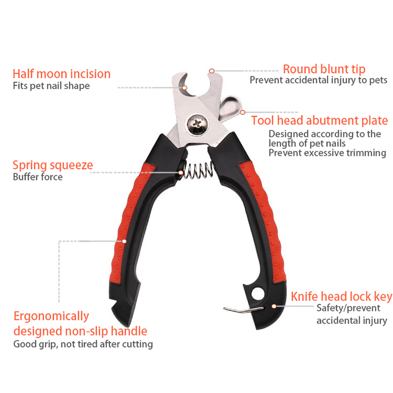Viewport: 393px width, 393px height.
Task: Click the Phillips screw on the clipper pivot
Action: (x=197, y=124)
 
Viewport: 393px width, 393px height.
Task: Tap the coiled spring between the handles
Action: (x=198, y=171)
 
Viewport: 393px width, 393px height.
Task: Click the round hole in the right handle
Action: (x=258, y=294)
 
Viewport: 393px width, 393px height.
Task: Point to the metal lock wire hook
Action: (x=243, y=310)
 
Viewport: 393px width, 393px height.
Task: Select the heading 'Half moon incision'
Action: (x=62, y=74)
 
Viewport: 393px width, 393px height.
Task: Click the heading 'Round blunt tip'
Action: (x=324, y=70)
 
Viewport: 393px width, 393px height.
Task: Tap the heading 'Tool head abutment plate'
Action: (x=320, y=121)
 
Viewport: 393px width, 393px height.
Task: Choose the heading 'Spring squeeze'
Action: (x=53, y=165)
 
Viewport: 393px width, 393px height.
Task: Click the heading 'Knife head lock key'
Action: (x=342, y=297)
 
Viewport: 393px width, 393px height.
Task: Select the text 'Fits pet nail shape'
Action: (x=51, y=86)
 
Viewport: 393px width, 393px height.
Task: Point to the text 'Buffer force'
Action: (x=38, y=177)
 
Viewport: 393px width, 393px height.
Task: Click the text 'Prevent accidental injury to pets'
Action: (x=318, y=80)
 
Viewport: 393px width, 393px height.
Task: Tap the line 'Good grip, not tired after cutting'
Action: (x=83, y=344)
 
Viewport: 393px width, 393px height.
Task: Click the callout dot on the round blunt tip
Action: (x=212, y=71)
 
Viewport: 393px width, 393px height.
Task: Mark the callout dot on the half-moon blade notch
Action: (x=184, y=88)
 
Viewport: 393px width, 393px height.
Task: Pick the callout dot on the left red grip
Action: (x=124, y=241)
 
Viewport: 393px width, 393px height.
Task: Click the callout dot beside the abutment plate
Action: (x=242, y=112)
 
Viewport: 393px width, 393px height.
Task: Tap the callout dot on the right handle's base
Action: (x=274, y=306)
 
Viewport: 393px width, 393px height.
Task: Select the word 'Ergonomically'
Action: (x=51, y=316)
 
